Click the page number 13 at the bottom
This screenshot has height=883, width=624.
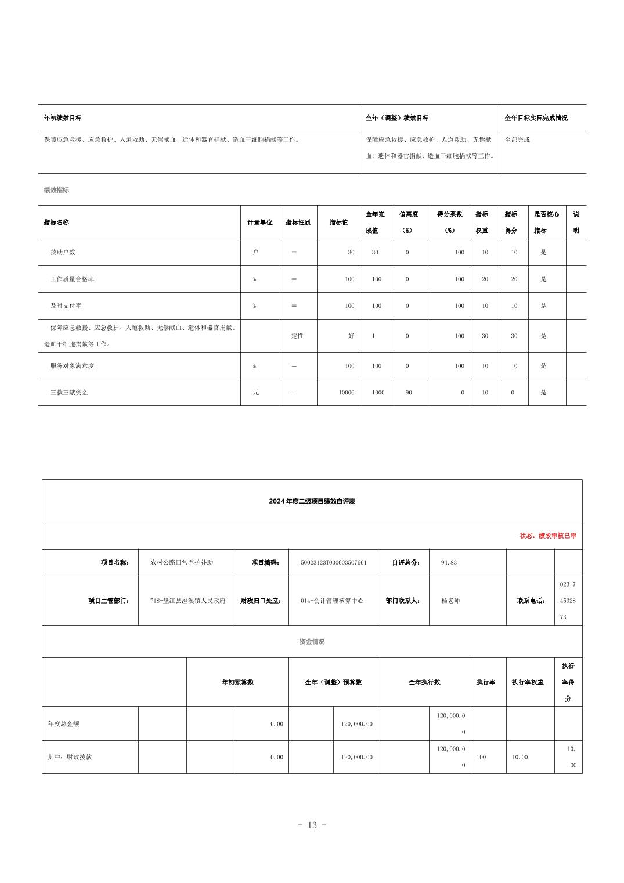click(x=312, y=825)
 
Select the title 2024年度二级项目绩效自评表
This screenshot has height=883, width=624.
click(x=312, y=501)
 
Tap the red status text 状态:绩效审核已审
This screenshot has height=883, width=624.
click(x=547, y=536)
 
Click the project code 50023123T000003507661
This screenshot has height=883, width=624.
click(x=333, y=562)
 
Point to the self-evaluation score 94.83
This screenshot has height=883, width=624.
click(x=449, y=562)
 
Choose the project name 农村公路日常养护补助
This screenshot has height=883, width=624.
click(x=181, y=562)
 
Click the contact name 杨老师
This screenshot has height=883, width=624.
click(x=450, y=601)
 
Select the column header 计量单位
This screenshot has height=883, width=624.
click(x=259, y=222)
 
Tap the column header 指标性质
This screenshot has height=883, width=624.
click(x=298, y=222)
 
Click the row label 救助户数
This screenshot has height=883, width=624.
click(x=63, y=252)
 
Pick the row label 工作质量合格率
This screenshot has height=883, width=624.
click(x=72, y=279)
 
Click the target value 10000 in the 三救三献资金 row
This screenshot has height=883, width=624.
click(x=347, y=392)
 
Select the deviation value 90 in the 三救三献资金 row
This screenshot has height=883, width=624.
click(x=409, y=392)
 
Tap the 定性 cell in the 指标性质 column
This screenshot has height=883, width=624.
click(x=297, y=336)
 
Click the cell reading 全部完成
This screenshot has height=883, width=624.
click(x=517, y=139)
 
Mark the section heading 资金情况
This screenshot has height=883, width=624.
click(x=312, y=642)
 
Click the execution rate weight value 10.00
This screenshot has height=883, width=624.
click(x=520, y=757)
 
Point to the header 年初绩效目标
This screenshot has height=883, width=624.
click(x=63, y=118)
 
